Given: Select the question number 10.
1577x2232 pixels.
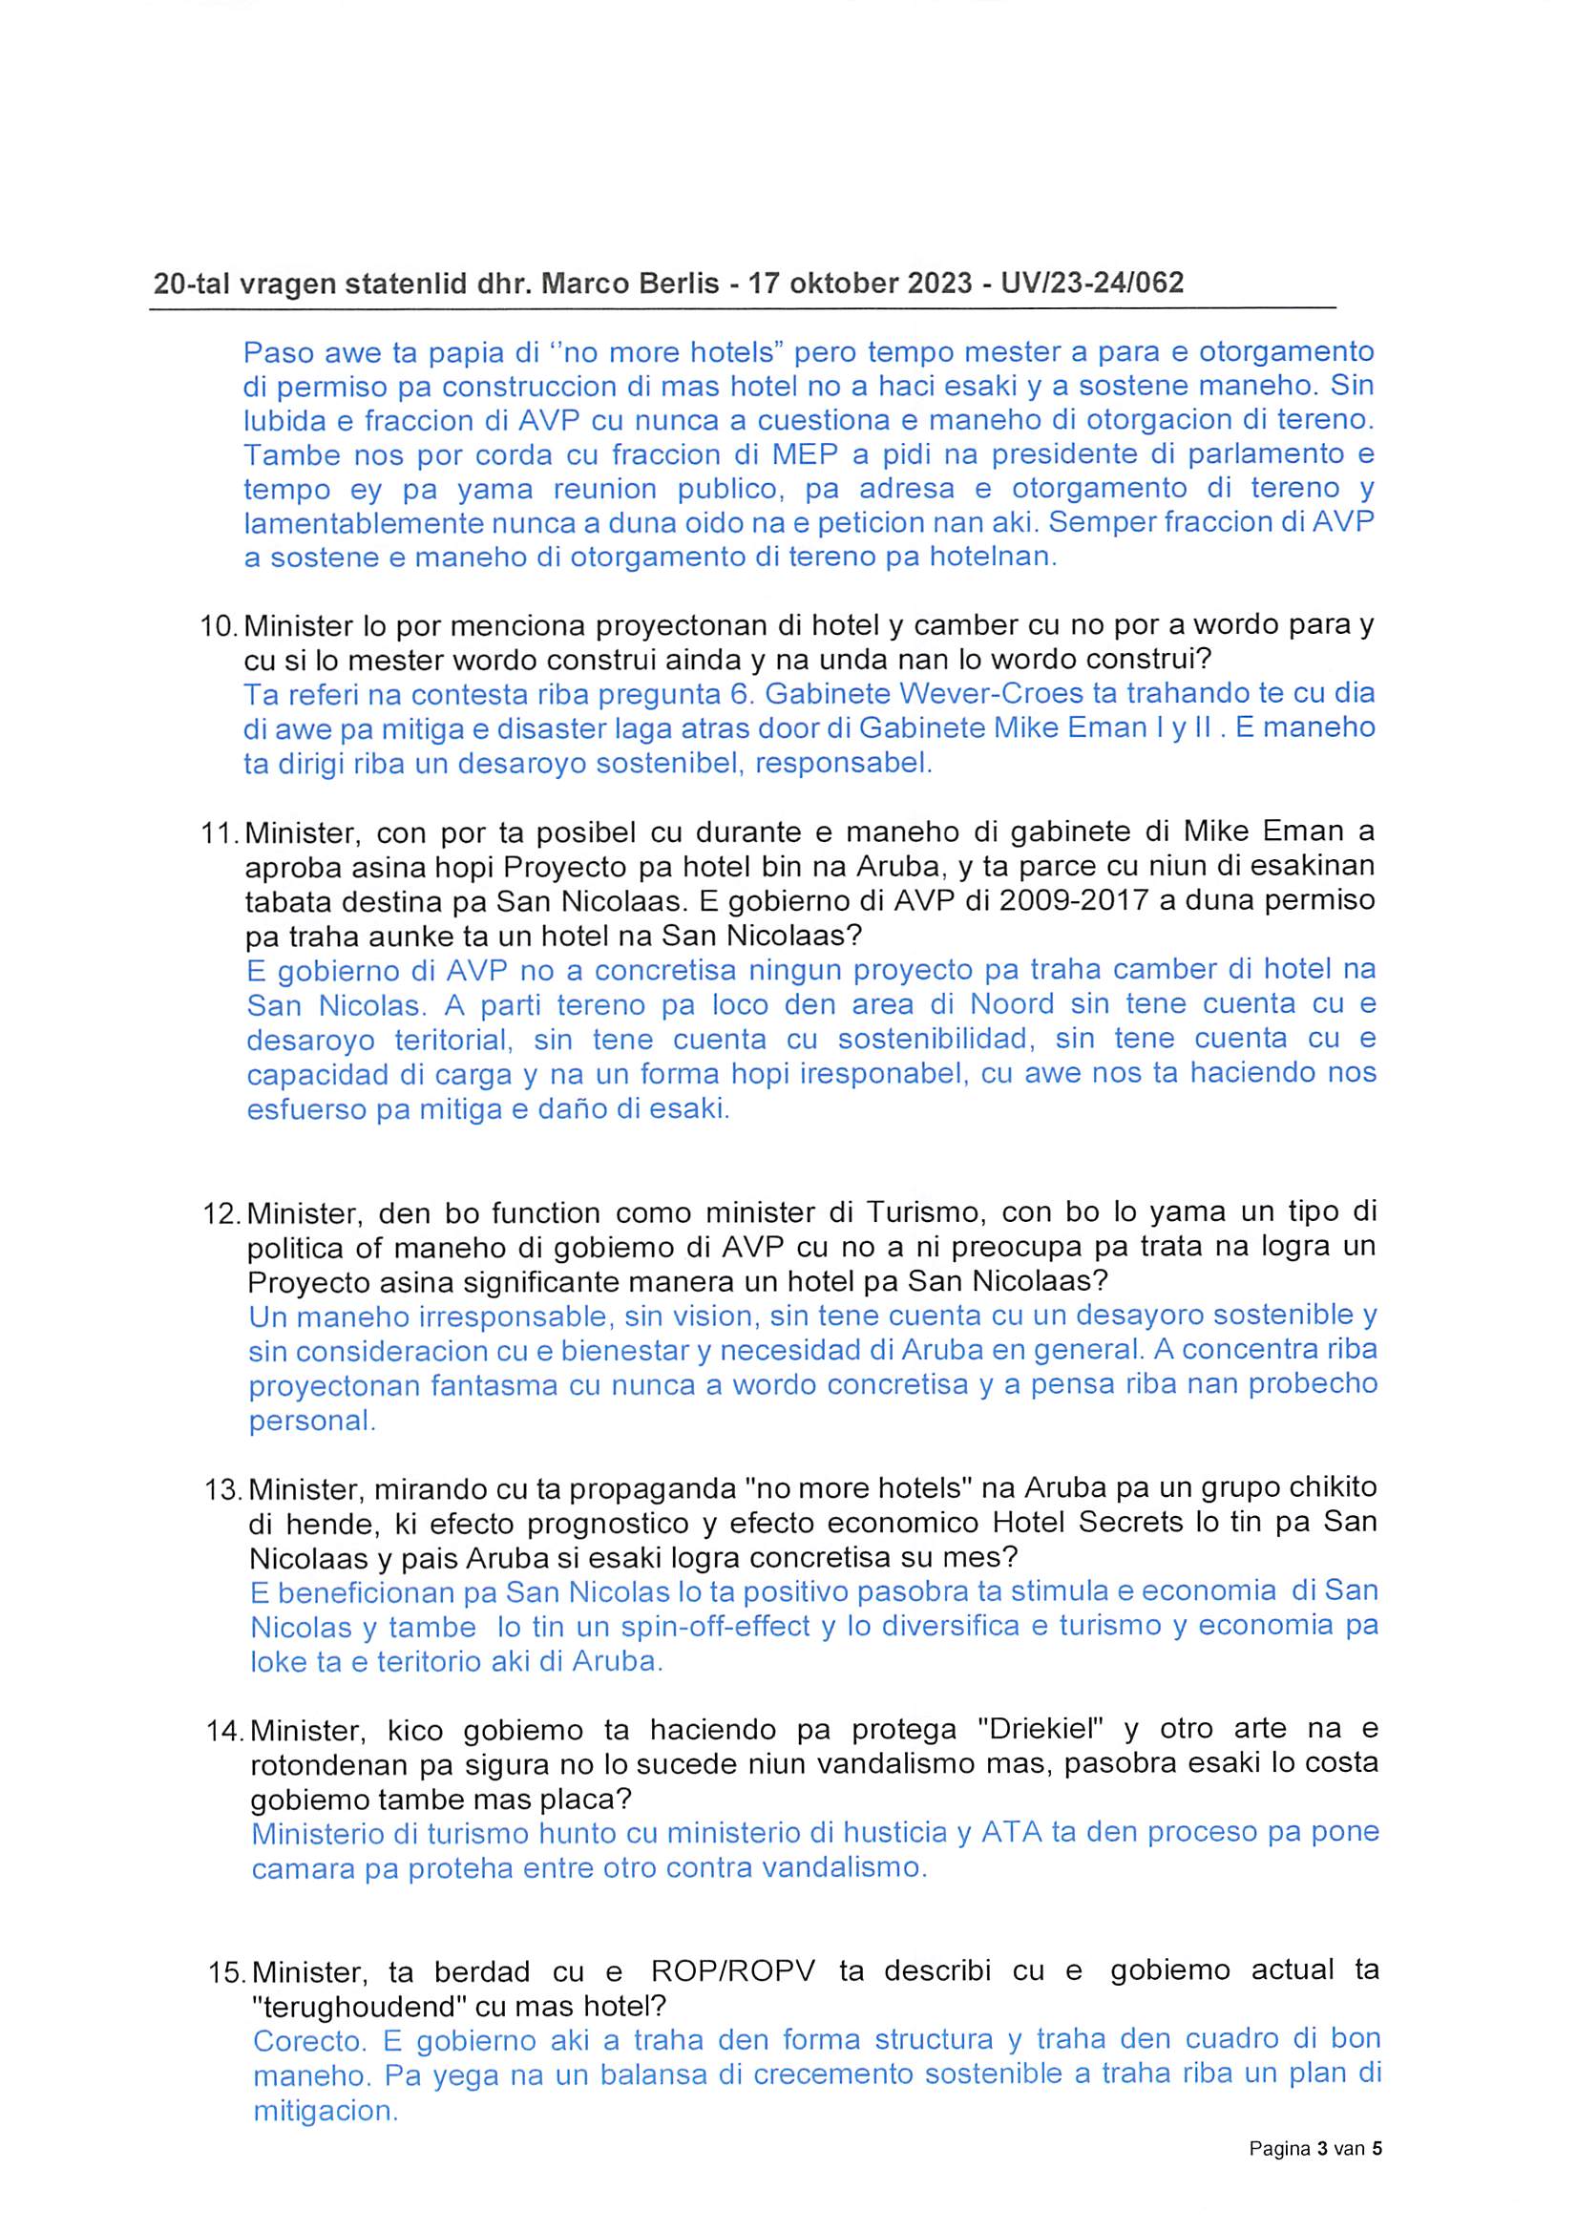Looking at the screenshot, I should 219,626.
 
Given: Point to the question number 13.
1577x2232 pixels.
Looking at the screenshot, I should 222,1488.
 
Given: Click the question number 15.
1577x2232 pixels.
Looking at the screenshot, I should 226,1973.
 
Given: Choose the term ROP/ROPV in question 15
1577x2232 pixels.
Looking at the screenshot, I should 735,1971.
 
